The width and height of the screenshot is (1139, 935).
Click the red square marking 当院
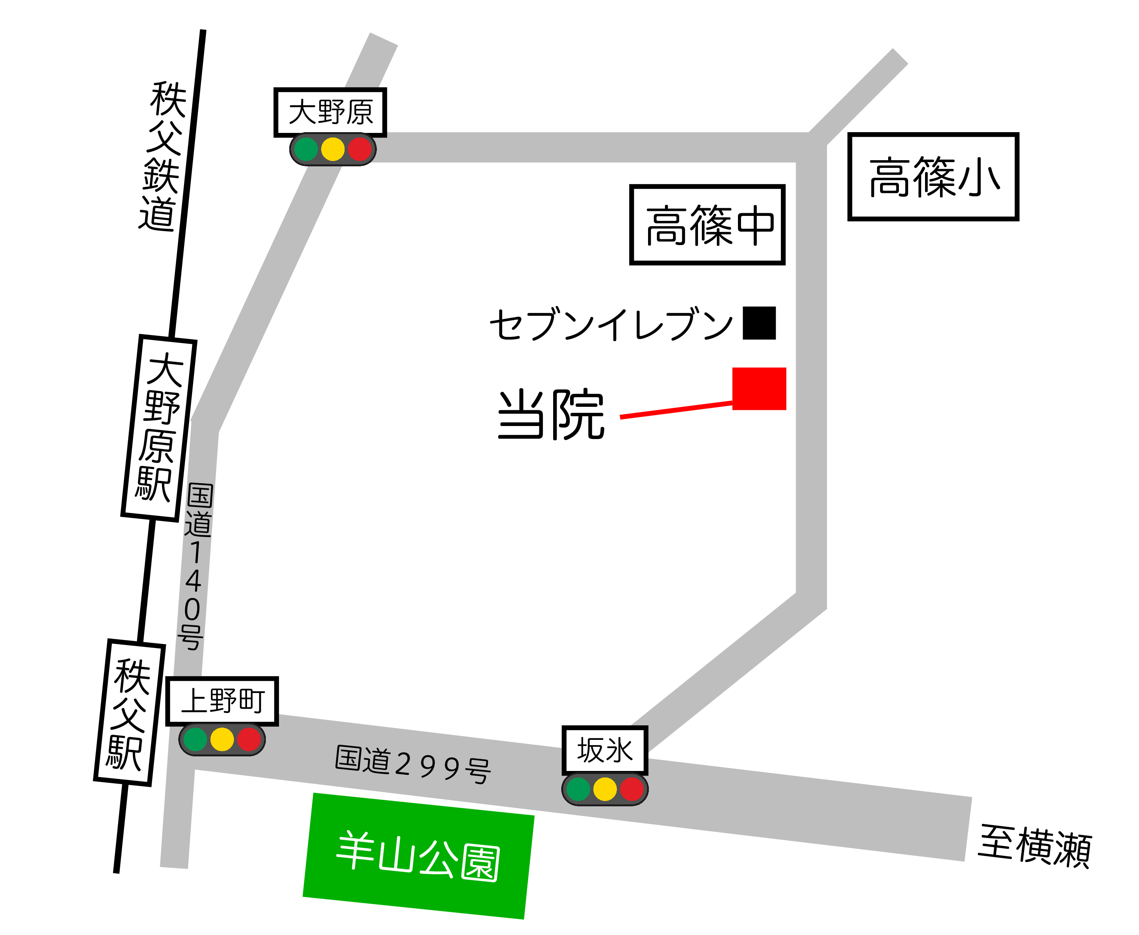pyautogui.click(x=759, y=388)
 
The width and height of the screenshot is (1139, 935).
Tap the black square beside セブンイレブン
pyautogui.click(x=759, y=323)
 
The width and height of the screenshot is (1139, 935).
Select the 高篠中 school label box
pyautogui.click(x=707, y=225)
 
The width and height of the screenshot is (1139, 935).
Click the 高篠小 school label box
pyautogui.click(x=933, y=177)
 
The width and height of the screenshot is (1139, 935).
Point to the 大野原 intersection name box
pyautogui.click(x=330, y=112)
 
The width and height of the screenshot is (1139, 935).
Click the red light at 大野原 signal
pyautogui.click(x=360, y=149)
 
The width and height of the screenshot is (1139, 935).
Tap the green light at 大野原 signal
pyautogui.click(x=306, y=149)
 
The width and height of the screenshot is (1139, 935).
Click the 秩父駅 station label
pyautogui.click(x=129, y=712)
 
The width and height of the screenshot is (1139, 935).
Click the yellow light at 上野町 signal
pyautogui.click(x=222, y=739)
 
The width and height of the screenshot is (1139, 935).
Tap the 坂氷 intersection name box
pyautogui.click(x=604, y=750)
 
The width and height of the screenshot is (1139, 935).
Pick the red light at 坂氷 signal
pyautogui.click(x=632, y=789)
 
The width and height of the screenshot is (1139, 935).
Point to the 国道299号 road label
pyautogui.click(x=413, y=764)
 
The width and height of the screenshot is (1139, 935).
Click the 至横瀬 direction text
pyautogui.click(x=1035, y=845)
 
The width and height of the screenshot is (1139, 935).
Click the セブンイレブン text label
pyautogui.click(x=611, y=324)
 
